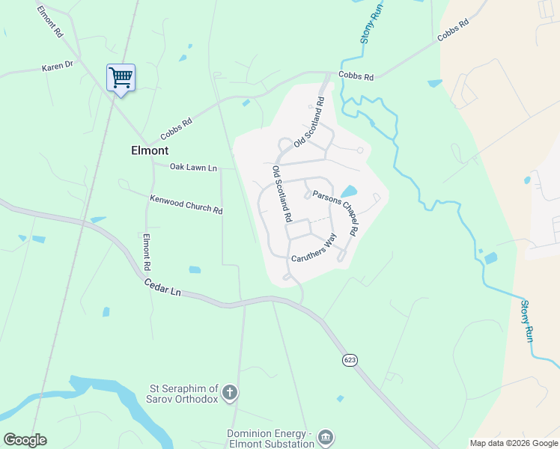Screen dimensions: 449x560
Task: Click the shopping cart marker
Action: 121,77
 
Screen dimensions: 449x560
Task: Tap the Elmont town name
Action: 150,150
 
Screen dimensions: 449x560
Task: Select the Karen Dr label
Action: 57,67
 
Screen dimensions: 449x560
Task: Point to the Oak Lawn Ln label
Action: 193,167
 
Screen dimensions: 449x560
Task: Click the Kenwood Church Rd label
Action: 186,204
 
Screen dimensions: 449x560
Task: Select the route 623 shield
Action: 350,360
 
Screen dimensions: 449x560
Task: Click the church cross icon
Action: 231,391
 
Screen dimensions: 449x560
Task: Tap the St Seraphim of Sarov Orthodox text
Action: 183,394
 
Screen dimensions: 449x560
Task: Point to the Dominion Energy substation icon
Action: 325,436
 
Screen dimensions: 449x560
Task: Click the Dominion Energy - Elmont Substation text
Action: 271,439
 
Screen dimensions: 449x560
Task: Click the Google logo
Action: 25,440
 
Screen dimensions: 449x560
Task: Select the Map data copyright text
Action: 513,443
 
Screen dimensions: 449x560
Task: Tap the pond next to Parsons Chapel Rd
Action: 348,192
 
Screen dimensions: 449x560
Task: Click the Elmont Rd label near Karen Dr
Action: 49,21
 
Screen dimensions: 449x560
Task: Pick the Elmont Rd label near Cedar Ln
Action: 147,253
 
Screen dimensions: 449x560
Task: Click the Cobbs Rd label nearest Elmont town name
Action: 176,130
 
